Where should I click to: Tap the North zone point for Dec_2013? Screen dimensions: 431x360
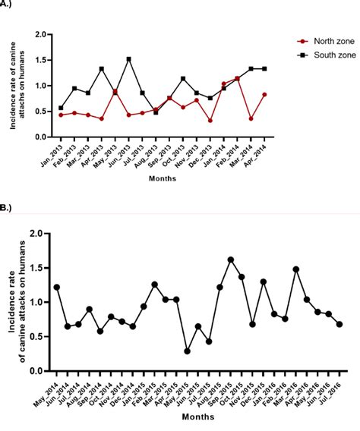[x=210, y=120]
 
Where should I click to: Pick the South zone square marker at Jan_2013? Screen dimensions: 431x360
[x=61, y=108]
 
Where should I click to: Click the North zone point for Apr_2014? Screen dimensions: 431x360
[x=264, y=94]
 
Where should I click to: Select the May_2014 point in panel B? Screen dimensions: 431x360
[x=57, y=287]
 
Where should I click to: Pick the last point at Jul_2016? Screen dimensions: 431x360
[x=339, y=325]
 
